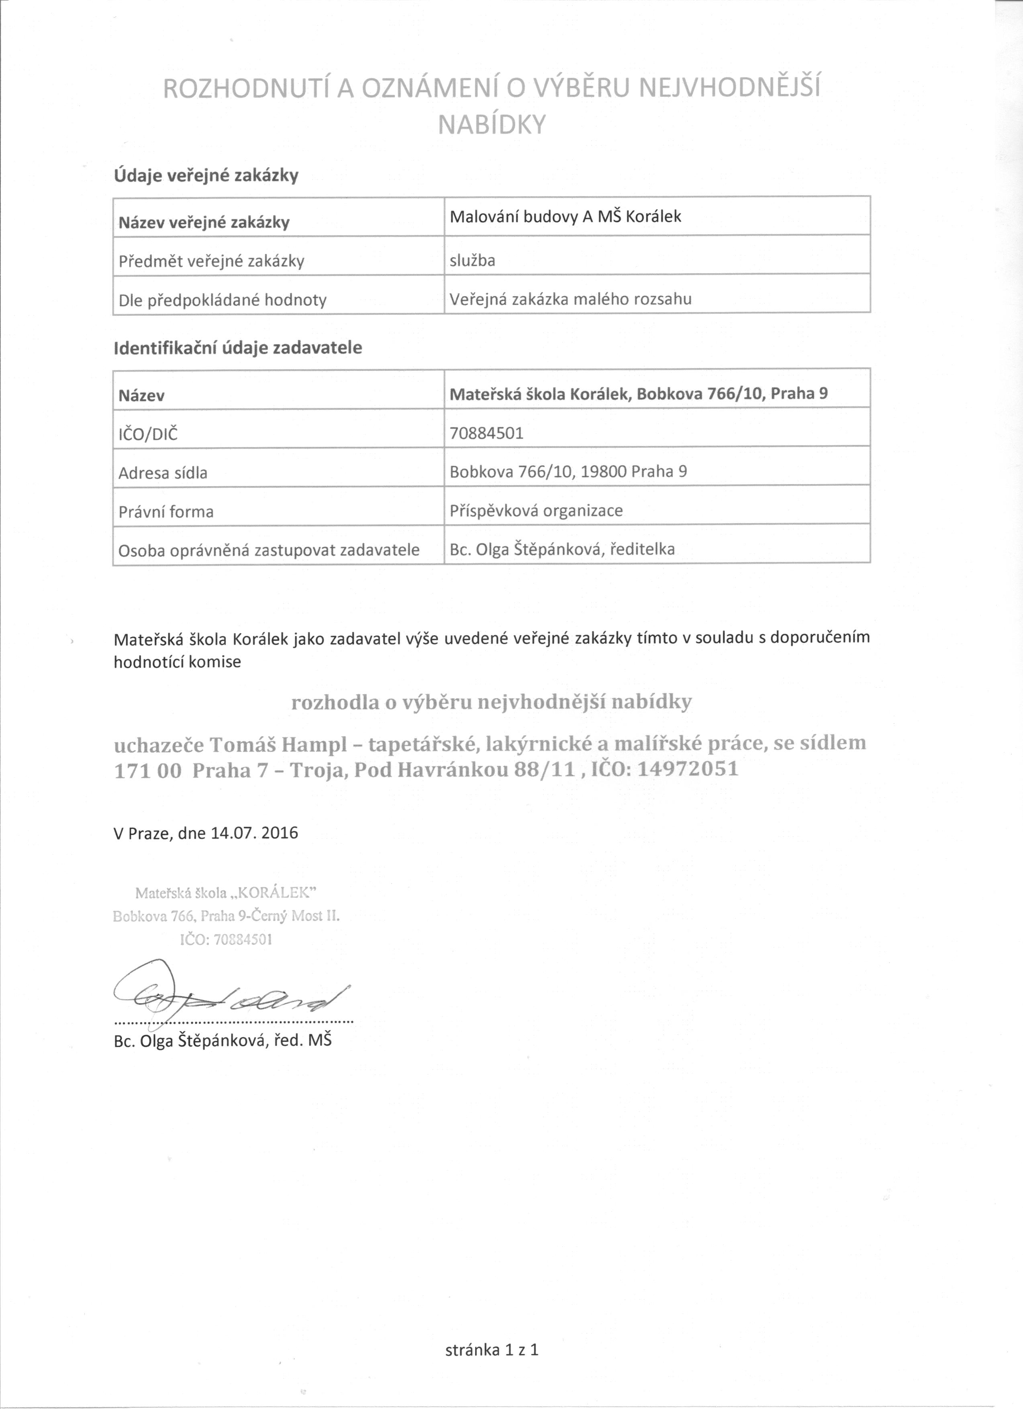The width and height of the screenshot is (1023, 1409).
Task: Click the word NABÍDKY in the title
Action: pos(491,125)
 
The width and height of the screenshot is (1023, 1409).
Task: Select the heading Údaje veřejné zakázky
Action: pos(206,176)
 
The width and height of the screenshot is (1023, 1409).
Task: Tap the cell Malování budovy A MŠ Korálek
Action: pos(565,217)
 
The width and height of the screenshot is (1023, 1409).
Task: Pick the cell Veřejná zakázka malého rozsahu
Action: pos(570,299)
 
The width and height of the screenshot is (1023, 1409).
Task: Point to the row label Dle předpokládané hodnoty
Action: pos(223,300)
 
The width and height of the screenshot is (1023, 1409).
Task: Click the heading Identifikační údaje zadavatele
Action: pos(237,348)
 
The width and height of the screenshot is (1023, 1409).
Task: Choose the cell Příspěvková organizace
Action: pos(536,511)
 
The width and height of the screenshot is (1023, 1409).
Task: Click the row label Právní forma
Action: pos(166,512)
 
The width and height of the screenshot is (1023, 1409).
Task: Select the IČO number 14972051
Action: pos(688,769)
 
